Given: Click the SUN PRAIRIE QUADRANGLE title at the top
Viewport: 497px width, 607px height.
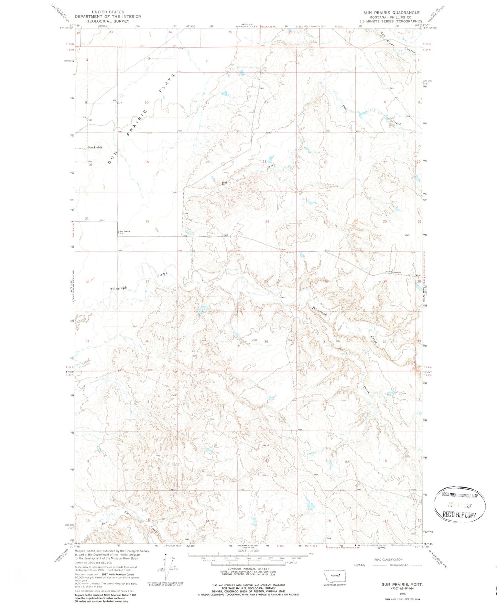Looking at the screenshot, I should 391,13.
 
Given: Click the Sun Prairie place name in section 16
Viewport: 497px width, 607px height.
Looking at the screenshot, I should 95,147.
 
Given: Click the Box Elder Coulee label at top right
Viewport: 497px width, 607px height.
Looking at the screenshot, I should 397,43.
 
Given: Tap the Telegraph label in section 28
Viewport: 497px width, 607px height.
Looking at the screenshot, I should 118,288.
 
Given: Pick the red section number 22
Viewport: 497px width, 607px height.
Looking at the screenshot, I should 147,221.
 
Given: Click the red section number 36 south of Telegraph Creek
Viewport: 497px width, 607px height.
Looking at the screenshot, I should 266,341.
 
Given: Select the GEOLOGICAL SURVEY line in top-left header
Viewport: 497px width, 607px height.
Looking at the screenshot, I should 108,21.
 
